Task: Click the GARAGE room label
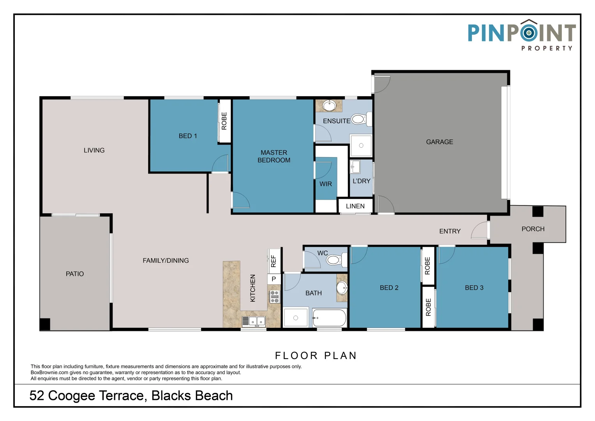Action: (440, 142)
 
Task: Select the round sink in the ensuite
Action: (330, 105)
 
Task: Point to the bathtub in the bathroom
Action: (329, 318)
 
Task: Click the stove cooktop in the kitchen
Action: (274, 297)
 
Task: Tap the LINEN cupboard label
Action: (355, 206)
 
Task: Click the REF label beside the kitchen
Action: (274, 261)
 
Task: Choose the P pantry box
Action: (274, 279)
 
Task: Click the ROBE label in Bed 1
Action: (224, 121)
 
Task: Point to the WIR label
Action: (326, 184)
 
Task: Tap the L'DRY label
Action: (361, 181)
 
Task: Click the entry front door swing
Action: (480, 231)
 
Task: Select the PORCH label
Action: (533, 229)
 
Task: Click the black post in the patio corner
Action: (45, 324)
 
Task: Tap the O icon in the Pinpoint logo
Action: (528, 33)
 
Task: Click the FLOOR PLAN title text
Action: (316, 356)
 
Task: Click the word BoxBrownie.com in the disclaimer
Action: (49, 373)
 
